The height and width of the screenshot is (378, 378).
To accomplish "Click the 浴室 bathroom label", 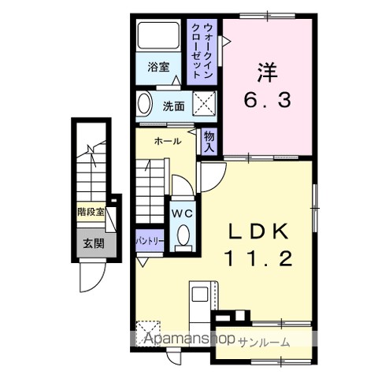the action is pyautogui.click(x=158, y=67).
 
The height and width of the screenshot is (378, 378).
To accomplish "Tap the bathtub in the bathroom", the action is pyautogui.click(x=158, y=35).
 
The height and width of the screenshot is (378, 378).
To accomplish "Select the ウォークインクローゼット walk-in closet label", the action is pyautogui.click(x=202, y=50).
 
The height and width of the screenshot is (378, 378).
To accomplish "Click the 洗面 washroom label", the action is pyautogui.click(x=173, y=106).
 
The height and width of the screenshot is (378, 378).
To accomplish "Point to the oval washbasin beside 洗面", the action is pyautogui.click(x=145, y=103).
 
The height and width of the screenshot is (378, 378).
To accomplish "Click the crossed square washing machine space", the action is pyautogui.click(x=204, y=103).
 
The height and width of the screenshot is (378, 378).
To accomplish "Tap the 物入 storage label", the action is pyautogui.click(x=209, y=142).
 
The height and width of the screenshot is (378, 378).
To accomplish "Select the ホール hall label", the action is pyautogui.click(x=168, y=141).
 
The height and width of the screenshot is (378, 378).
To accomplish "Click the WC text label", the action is pyautogui.click(x=182, y=213).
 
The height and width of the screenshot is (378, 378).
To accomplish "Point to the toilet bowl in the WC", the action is pyautogui.click(x=183, y=235).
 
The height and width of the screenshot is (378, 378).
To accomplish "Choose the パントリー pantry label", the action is pyautogui.click(x=150, y=240).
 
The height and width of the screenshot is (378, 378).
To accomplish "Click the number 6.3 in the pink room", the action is pyautogui.click(x=267, y=100).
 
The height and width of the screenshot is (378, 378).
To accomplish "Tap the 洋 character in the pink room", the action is pyautogui.click(x=267, y=72).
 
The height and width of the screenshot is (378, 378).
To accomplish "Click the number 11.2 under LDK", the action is pyautogui.click(x=258, y=258).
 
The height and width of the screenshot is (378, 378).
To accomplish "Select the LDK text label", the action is pyautogui.click(x=258, y=231).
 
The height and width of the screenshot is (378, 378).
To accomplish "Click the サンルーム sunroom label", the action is pyautogui.click(x=265, y=343).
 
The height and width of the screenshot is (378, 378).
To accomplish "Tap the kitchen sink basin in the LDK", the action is pyautogui.click(x=200, y=294).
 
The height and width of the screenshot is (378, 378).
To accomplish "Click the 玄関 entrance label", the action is pyautogui.click(x=94, y=244).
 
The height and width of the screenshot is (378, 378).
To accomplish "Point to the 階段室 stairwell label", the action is pyautogui.click(x=91, y=212).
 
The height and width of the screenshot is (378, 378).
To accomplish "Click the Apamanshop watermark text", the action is pyautogui.click(x=190, y=339).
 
